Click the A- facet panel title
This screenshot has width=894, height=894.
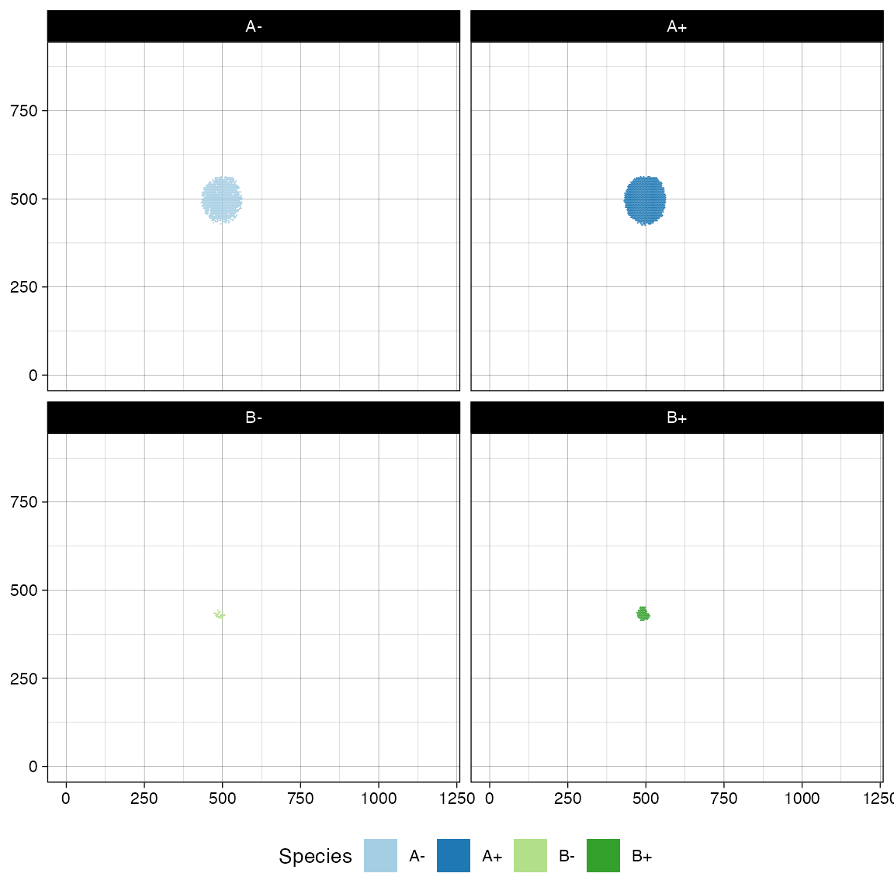click(x=254, y=26)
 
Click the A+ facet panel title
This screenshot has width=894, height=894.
click(x=677, y=26)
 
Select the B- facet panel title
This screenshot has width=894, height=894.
click(x=254, y=418)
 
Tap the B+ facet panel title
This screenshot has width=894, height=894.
click(x=677, y=418)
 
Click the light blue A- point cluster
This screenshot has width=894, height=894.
click(x=222, y=200)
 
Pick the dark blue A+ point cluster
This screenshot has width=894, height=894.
click(x=645, y=200)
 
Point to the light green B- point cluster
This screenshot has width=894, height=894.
click(x=220, y=615)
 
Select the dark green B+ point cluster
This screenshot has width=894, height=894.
click(x=643, y=614)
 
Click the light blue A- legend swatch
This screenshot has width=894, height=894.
click(x=380, y=856)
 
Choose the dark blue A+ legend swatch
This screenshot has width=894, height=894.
click(x=453, y=856)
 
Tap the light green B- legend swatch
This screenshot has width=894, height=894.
click(x=530, y=856)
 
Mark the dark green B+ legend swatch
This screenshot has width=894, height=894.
click(x=603, y=856)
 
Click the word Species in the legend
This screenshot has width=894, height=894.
click(x=315, y=856)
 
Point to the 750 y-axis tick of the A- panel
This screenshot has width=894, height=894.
click(x=24, y=111)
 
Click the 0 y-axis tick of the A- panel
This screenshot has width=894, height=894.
click(x=33, y=376)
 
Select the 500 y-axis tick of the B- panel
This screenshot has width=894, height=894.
click(x=24, y=591)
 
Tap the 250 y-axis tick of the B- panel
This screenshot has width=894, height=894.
click(x=24, y=679)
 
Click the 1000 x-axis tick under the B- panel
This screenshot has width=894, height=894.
click(x=379, y=799)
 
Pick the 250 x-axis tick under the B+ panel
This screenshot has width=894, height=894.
click(x=567, y=799)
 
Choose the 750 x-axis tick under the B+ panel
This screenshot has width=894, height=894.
click(x=724, y=799)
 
